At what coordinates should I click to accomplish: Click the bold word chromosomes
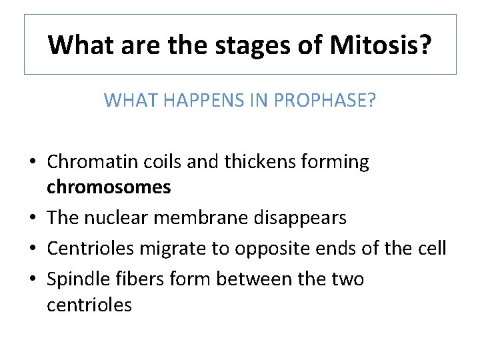109,188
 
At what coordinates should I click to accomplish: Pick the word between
259,279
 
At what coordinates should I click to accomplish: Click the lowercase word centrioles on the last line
89,305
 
